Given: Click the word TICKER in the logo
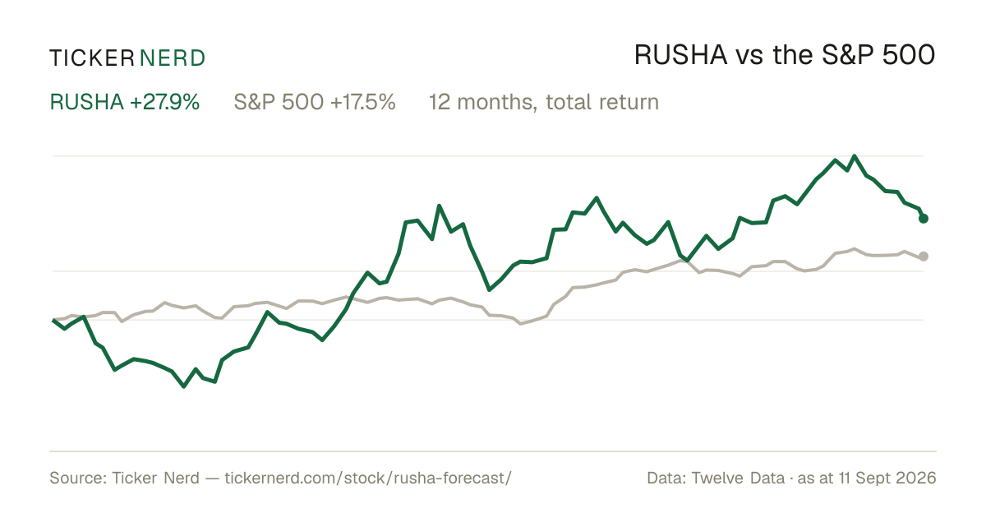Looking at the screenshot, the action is point(91,58).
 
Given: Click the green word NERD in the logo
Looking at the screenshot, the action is point(172,58).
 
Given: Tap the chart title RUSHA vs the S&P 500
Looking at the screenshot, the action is point(785,56).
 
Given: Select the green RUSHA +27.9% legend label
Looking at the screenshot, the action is point(125,102).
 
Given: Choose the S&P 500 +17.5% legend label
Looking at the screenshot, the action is point(314,102).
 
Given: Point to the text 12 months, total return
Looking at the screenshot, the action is point(544,102).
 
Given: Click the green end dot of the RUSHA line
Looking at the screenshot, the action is point(924,219).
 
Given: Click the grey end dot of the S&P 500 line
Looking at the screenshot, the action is point(924,257).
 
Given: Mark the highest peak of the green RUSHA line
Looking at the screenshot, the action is point(855,156).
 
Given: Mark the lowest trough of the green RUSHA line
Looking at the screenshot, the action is point(184,386).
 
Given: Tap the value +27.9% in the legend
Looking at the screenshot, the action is point(164,102).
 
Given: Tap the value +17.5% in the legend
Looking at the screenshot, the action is point(362,102).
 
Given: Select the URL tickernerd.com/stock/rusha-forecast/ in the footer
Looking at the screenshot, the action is point(368,478).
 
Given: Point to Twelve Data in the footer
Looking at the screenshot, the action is point(738,478).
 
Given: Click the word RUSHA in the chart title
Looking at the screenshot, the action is point(680,56).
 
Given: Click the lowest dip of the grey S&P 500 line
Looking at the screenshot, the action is point(521,324).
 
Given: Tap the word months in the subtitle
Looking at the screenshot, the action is point(495,102).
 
